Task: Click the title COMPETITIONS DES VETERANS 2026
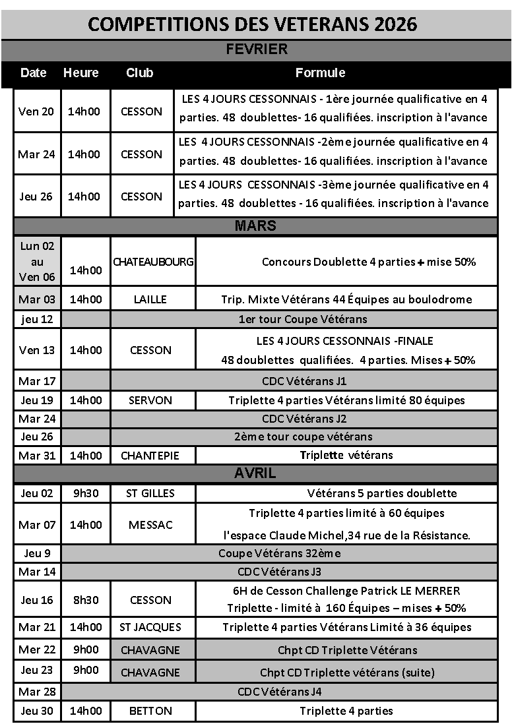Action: click(x=253, y=24)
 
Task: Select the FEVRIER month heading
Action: click(x=256, y=49)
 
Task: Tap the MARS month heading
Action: click(x=255, y=226)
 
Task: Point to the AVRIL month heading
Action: click(x=255, y=473)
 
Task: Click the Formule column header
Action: click(x=320, y=73)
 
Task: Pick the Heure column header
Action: click(x=80, y=73)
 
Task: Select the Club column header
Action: click(x=139, y=73)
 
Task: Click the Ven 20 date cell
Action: click(x=37, y=111)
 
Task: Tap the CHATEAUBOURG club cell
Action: click(x=153, y=262)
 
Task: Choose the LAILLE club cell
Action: click(x=150, y=299)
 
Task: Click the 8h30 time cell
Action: click(x=85, y=600)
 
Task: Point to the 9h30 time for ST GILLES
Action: click(x=85, y=493)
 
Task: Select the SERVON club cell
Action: click(x=151, y=400)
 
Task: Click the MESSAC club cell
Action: click(x=150, y=525)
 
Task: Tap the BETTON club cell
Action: click(x=150, y=711)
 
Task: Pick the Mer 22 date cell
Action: click(x=37, y=649)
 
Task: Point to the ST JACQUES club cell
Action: click(x=150, y=627)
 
